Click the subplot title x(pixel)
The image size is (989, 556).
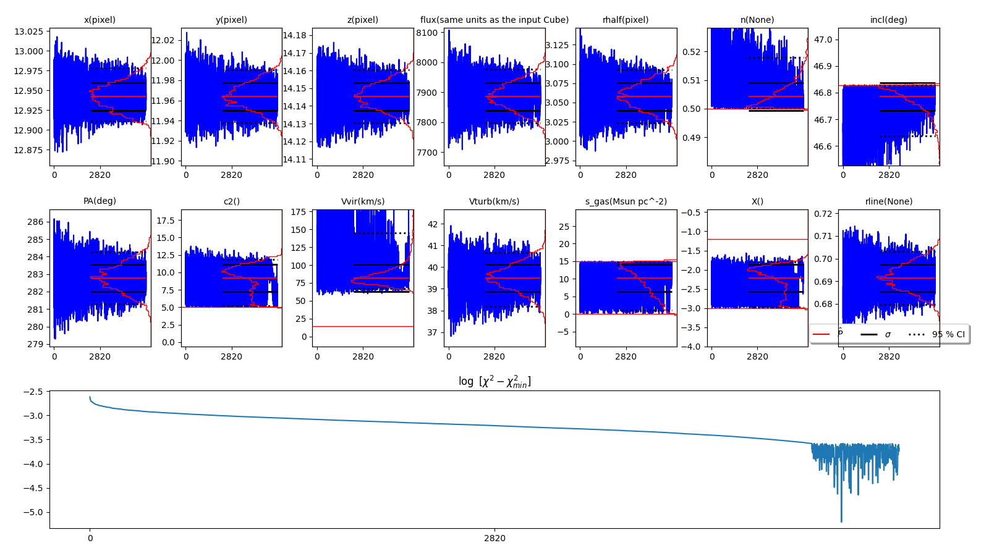tap(100, 20)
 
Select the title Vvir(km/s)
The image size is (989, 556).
tap(363, 201)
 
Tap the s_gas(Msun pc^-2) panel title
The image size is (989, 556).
tap(626, 201)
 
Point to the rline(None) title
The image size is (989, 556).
tap(888, 201)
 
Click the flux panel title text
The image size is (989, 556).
tap(494, 20)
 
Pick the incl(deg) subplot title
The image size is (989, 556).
tap(888, 20)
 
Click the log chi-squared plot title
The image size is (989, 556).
tap(494, 382)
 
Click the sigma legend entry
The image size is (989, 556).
tap(888, 334)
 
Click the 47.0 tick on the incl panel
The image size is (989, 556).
tap(822, 40)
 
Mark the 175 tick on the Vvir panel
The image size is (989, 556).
tap(299, 212)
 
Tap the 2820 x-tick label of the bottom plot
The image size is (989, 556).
tap(494, 538)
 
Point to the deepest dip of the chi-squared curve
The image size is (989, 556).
tap(841, 521)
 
